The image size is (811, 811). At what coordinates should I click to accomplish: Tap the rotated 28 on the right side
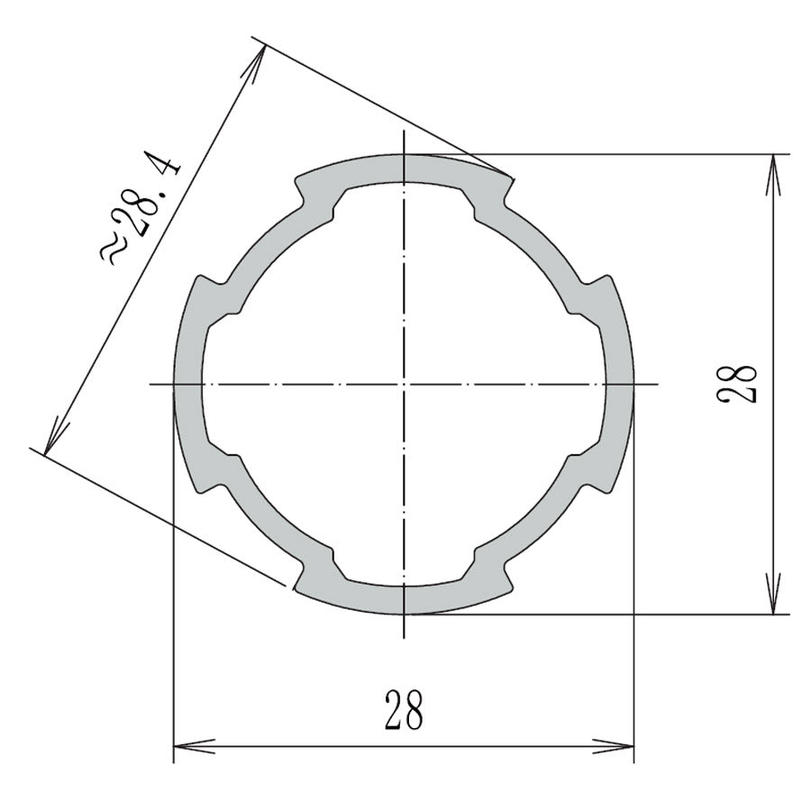coord(740,383)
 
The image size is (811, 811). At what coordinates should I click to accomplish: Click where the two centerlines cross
coord(405,385)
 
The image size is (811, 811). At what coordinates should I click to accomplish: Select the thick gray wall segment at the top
coord(405,169)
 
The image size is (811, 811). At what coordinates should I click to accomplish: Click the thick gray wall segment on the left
coord(187,385)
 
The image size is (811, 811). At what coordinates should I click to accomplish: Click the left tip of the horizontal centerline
coord(150,385)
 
